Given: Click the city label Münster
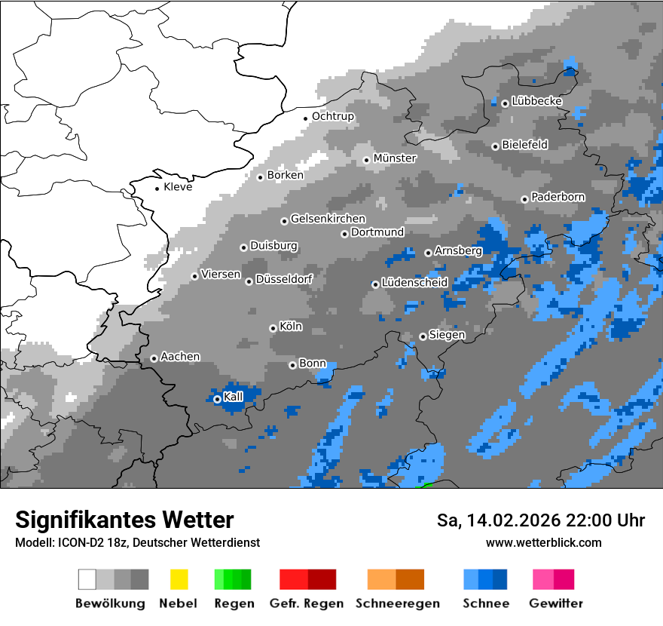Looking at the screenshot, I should pyautogui.click(x=395, y=158).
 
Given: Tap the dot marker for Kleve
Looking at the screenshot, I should pyautogui.click(x=157, y=189).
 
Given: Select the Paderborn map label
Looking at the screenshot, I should pyautogui.click(x=558, y=197).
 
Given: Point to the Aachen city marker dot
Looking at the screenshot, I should pyautogui.click(x=154, y=358).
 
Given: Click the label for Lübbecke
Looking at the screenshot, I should pyautogui.click(x=536, y=101).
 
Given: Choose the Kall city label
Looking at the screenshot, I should pyautogui.click(x=234, y=397).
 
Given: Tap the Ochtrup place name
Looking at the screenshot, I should pyautogui.click(x=332, y=116).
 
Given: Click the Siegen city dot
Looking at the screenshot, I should pyautogui.click(x=423, y=336).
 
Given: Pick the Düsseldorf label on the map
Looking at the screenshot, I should pyautogui.click(x=284, y=279).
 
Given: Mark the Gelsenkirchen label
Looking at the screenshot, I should pyautogui.click(x=328, y=219).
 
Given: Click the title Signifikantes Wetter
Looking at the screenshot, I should pyautogui.click(x=124, y=520).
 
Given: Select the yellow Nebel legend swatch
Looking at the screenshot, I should pyautogui.click(x=179, y=579).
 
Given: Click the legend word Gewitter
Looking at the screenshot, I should pyautogui.click(x=555, y=603).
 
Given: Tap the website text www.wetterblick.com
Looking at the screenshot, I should pyautogui.click(x=543, y=542).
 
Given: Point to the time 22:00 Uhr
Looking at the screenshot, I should pyautogui.click(x=605, y=520).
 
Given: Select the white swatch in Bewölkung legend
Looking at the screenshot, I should pyautogui.click(x=87, y=579).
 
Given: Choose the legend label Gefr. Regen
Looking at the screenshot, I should pyautogui.click(x=307, y=603).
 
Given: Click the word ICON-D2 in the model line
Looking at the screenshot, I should pyautogui.click(x=78, y=542).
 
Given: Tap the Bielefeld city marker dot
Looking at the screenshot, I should pyautogui.click(x=495, y=146).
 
